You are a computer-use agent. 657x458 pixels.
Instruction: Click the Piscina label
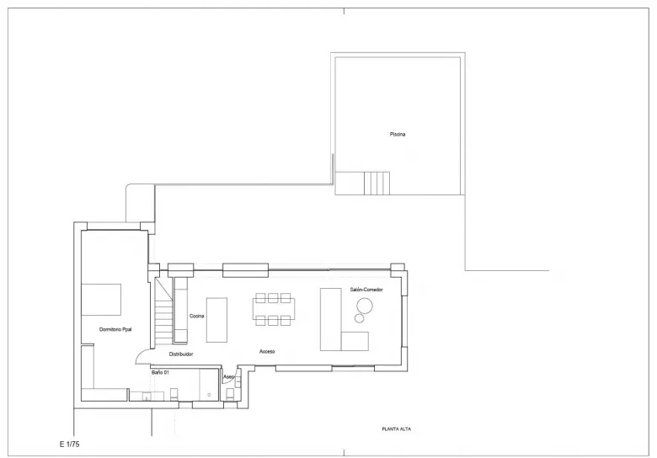click(398, 135)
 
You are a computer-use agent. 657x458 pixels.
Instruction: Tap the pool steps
click(377, 182)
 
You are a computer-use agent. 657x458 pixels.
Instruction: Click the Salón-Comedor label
click(366, 290)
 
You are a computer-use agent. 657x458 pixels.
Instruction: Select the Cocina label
click(197, 316)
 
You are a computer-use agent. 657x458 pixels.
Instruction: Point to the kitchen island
click(217, 319)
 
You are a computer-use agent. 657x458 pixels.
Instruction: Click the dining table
click(272, 308)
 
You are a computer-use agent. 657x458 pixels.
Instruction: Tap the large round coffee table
click(365, 305)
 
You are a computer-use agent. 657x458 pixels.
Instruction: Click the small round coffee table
click(360, 319)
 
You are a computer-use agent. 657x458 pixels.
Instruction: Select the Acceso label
click(268, 351)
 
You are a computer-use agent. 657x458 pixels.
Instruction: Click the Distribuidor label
click(175, 354)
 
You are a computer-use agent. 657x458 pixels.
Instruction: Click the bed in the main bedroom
click(101, 299)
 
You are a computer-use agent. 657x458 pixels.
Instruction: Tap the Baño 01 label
click(160, 371)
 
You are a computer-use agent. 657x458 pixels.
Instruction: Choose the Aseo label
click(228, 376)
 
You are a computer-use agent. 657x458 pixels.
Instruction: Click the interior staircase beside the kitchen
click(163, 311)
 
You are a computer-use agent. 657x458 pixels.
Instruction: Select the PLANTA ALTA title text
click(396, 429)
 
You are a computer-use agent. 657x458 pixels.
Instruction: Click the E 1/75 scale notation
click(69, 442)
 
